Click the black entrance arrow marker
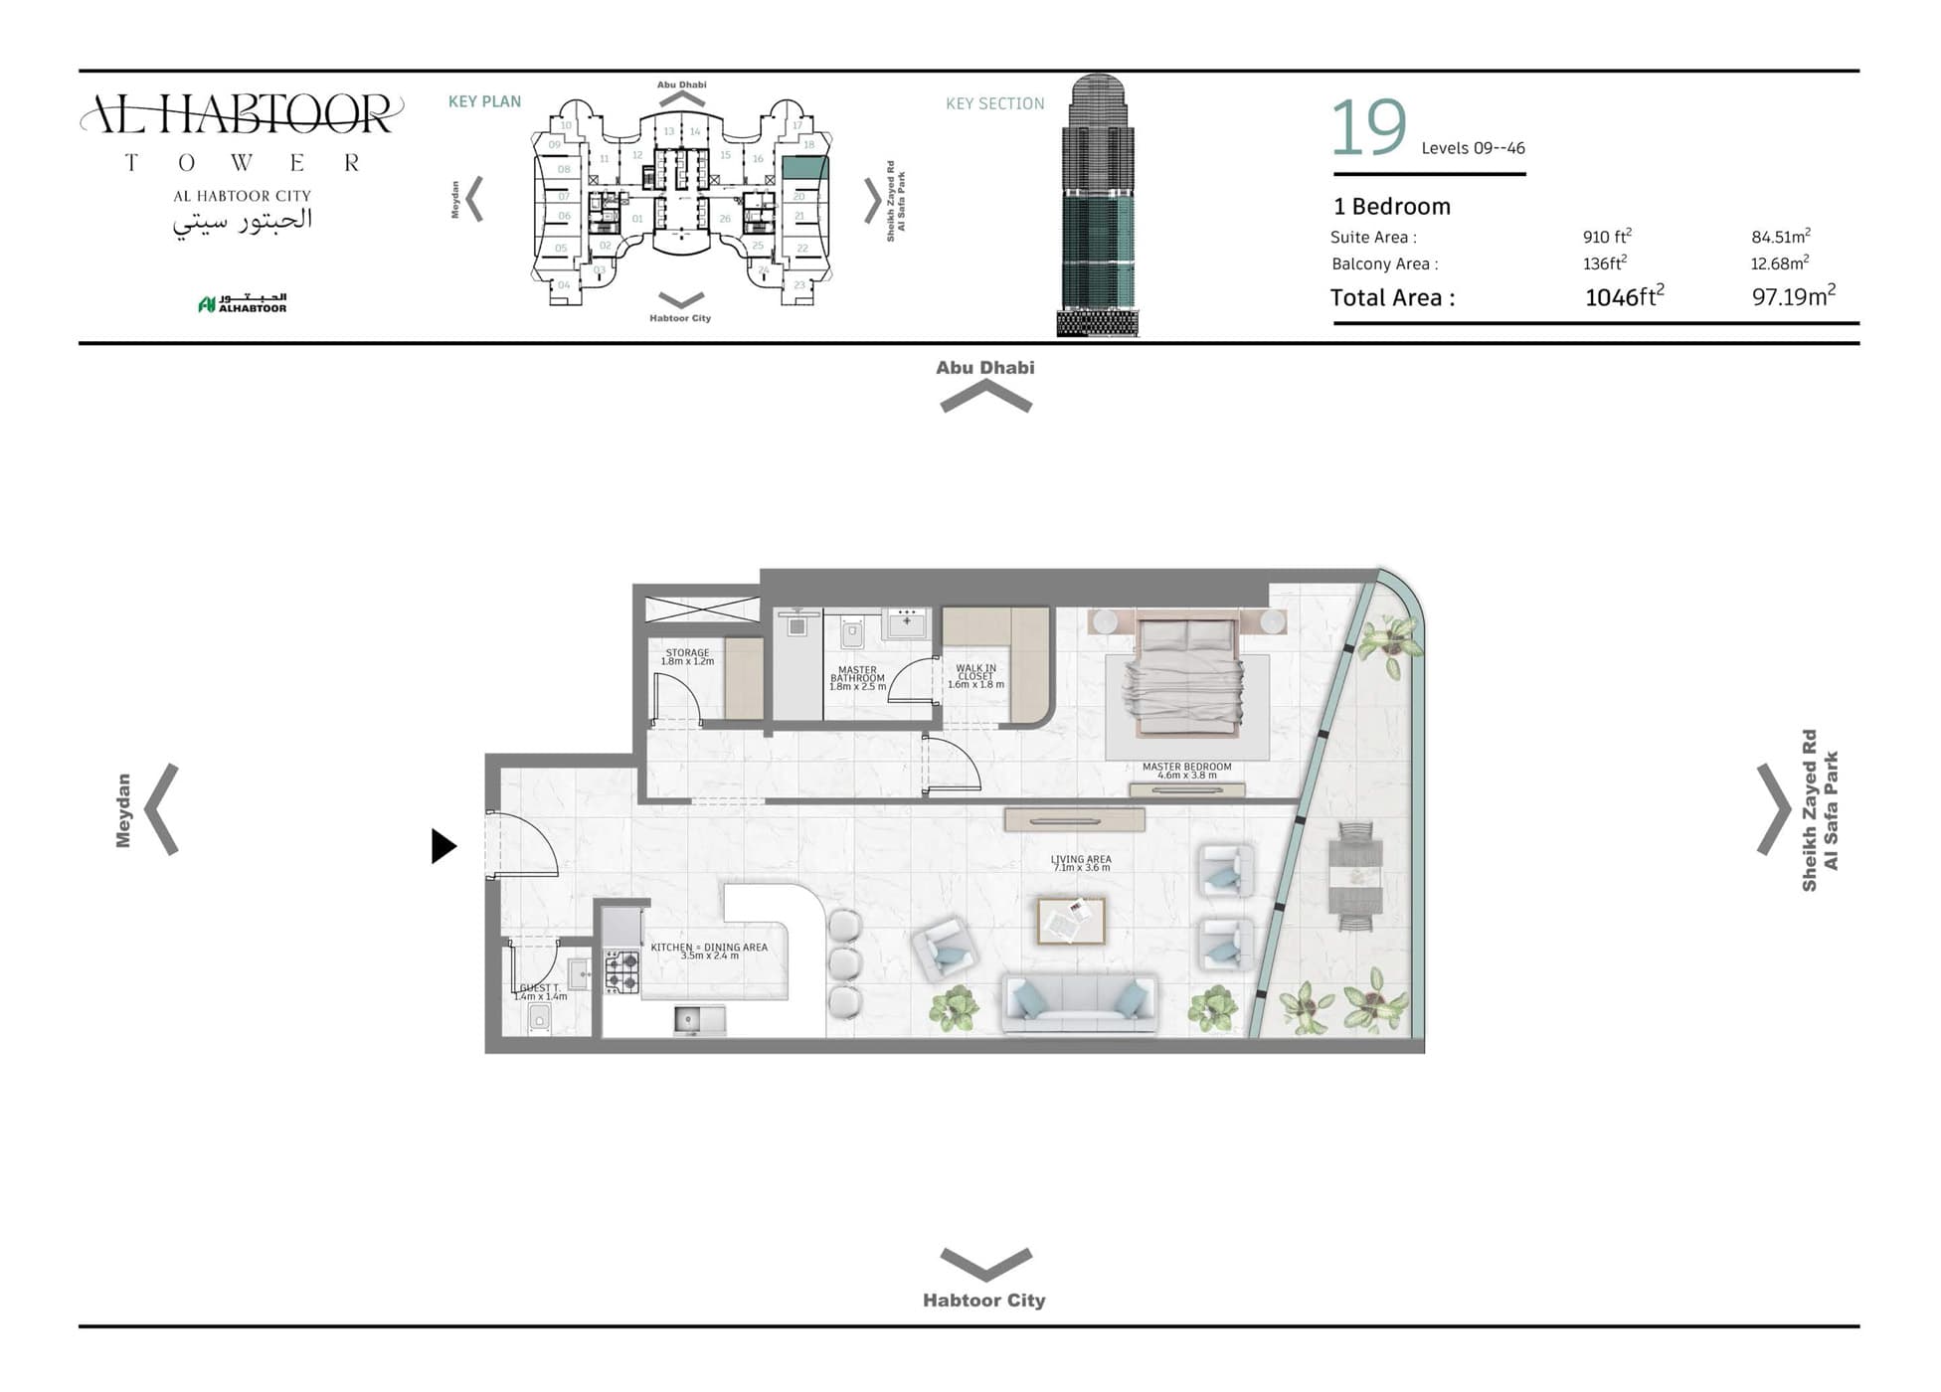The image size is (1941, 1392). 442,846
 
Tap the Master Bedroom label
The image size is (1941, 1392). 1186,767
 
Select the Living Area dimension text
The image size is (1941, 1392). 1081,868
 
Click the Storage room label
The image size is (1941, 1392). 687,653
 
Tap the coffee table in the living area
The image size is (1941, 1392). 1071,921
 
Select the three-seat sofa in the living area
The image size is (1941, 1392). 1079,1002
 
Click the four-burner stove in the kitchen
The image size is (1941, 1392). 622,970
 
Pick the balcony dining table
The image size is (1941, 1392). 1355,876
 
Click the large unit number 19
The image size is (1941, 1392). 1368,128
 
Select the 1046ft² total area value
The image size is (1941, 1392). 1624,297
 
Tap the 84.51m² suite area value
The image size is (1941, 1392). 1780,237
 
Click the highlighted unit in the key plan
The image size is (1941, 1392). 803,167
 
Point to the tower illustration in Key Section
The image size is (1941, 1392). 1098,209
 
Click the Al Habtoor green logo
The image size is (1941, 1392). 242,303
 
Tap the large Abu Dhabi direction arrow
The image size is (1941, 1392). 985,398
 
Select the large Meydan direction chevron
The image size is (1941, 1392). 162,808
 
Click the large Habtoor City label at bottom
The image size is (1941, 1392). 983,1300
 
